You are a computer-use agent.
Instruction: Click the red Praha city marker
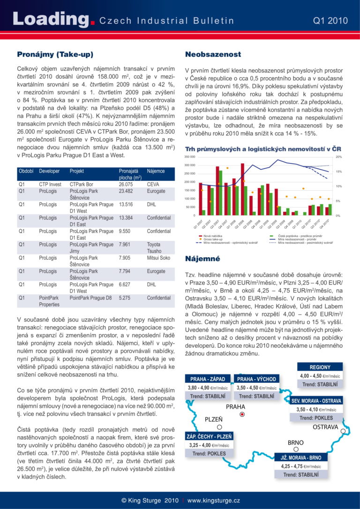[242, 414]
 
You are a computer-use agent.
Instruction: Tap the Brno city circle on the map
[295, 449]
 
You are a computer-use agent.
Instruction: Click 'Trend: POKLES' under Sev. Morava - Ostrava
[316, 418]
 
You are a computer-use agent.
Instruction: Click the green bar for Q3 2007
[220, 193]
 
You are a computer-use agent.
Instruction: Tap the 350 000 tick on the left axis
[190, 157]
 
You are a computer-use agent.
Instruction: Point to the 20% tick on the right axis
[339, 157]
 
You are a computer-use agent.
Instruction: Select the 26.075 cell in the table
[126, 184]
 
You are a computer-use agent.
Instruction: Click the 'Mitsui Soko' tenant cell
[158, 258]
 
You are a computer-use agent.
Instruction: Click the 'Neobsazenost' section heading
[213, 54]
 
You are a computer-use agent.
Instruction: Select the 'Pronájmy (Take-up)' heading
[55, 54]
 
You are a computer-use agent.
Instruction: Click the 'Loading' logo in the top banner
[51, 19]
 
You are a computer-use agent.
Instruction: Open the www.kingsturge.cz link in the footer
[214, 501]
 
